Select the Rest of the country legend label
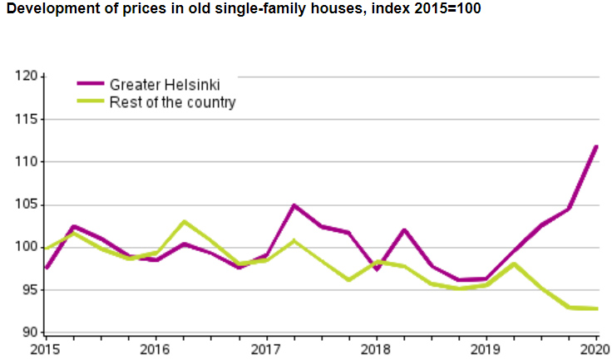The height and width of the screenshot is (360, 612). tap(173, 102)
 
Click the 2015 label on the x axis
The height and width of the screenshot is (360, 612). tap(46, 348)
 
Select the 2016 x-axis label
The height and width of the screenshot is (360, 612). tap(155, 348)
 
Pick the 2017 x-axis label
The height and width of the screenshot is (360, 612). tap(266, 348)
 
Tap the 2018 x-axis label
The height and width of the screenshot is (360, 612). tap(376, 348)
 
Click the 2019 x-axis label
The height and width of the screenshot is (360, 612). tap(486, 348)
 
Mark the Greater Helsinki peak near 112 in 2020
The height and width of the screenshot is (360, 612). tap(596, 146)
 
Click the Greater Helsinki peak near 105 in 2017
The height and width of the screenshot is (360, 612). tap(294, 205)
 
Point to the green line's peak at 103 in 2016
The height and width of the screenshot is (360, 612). tap(184, 222)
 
